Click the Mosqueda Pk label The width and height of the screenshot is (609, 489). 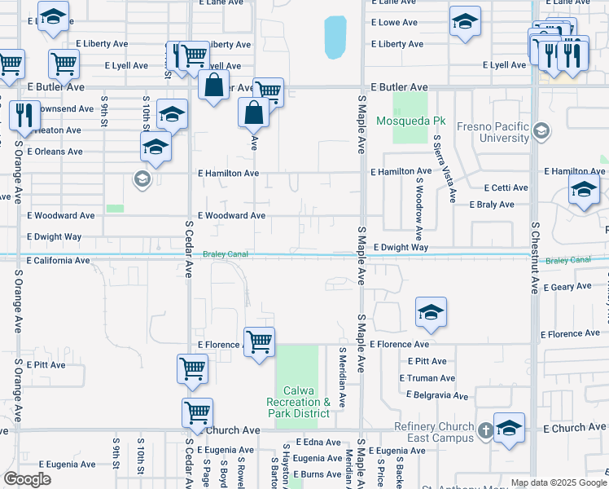[410, 121]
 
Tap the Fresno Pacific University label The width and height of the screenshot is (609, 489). [493, 132]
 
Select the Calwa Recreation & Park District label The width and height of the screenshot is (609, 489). [299, 407]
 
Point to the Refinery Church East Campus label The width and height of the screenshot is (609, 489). [434, 432]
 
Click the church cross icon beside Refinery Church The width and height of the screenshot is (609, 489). [484, 430]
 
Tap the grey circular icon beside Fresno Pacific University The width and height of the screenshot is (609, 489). [541, 130]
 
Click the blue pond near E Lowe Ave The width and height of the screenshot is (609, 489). [335, 37]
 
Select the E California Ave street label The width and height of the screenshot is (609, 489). [58, 261]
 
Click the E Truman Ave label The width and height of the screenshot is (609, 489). [427, 378]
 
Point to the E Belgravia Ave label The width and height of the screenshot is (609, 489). [437, 395]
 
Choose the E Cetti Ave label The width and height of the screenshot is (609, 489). [505, 187]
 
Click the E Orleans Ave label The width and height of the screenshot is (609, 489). [55, 152]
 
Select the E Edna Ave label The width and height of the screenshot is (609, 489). [318, 442]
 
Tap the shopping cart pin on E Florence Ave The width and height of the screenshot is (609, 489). [259, 342]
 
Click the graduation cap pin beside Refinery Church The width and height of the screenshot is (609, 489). [509, 428]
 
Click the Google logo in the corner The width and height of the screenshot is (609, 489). [28, 479]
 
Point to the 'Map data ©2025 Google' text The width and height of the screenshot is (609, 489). [557, 482]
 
